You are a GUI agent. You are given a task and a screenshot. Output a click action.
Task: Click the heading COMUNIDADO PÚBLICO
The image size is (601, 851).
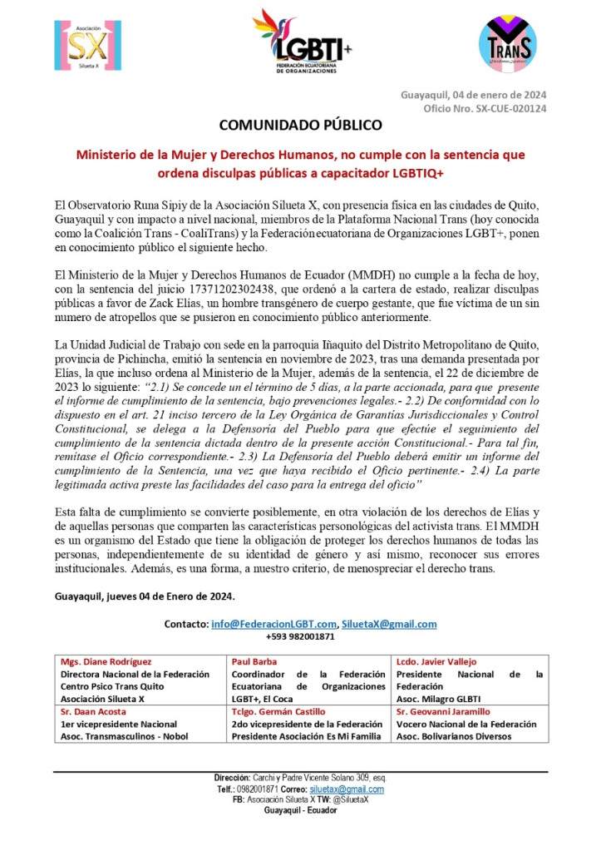click(300, 126)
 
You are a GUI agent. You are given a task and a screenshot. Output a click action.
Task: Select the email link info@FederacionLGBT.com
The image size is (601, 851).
click(274, 624)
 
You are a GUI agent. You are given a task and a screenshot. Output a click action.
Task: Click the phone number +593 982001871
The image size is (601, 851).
click(300, 637)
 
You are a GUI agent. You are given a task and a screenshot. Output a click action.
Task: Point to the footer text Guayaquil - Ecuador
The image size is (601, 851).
click(300, 810)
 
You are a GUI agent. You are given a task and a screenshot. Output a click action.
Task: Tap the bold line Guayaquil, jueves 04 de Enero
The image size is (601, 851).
click(145, 596)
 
